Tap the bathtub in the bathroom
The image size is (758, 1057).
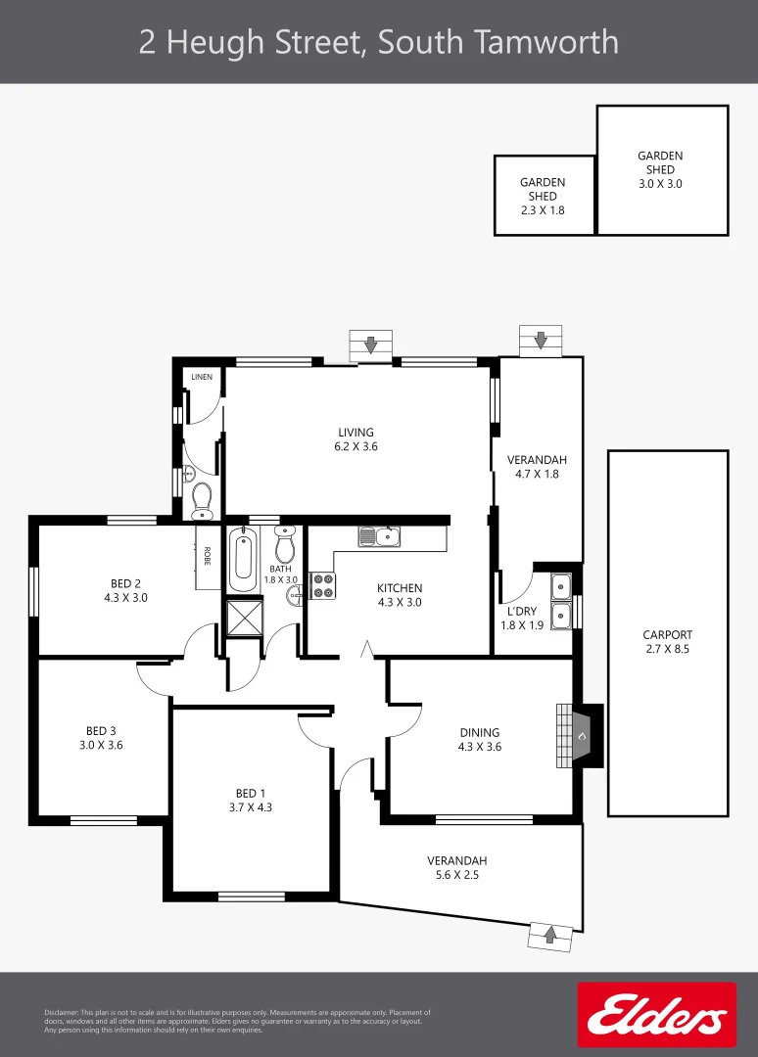coord(242,560)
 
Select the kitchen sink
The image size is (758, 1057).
coord(378,536)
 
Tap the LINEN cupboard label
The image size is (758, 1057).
coord(202,377)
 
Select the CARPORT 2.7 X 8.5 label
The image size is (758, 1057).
coord(667,641)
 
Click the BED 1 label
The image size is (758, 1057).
coord(251,801)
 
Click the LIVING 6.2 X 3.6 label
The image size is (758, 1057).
coord(356,439)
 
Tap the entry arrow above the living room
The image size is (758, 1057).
coord(371,345)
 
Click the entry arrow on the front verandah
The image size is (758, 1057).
coord(549,935)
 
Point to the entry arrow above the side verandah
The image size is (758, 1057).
coord(541,341)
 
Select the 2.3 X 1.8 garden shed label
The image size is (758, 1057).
coord(543,196)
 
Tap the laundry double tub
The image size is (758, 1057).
coord(561,601)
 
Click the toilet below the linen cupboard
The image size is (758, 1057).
coord(202,500)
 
